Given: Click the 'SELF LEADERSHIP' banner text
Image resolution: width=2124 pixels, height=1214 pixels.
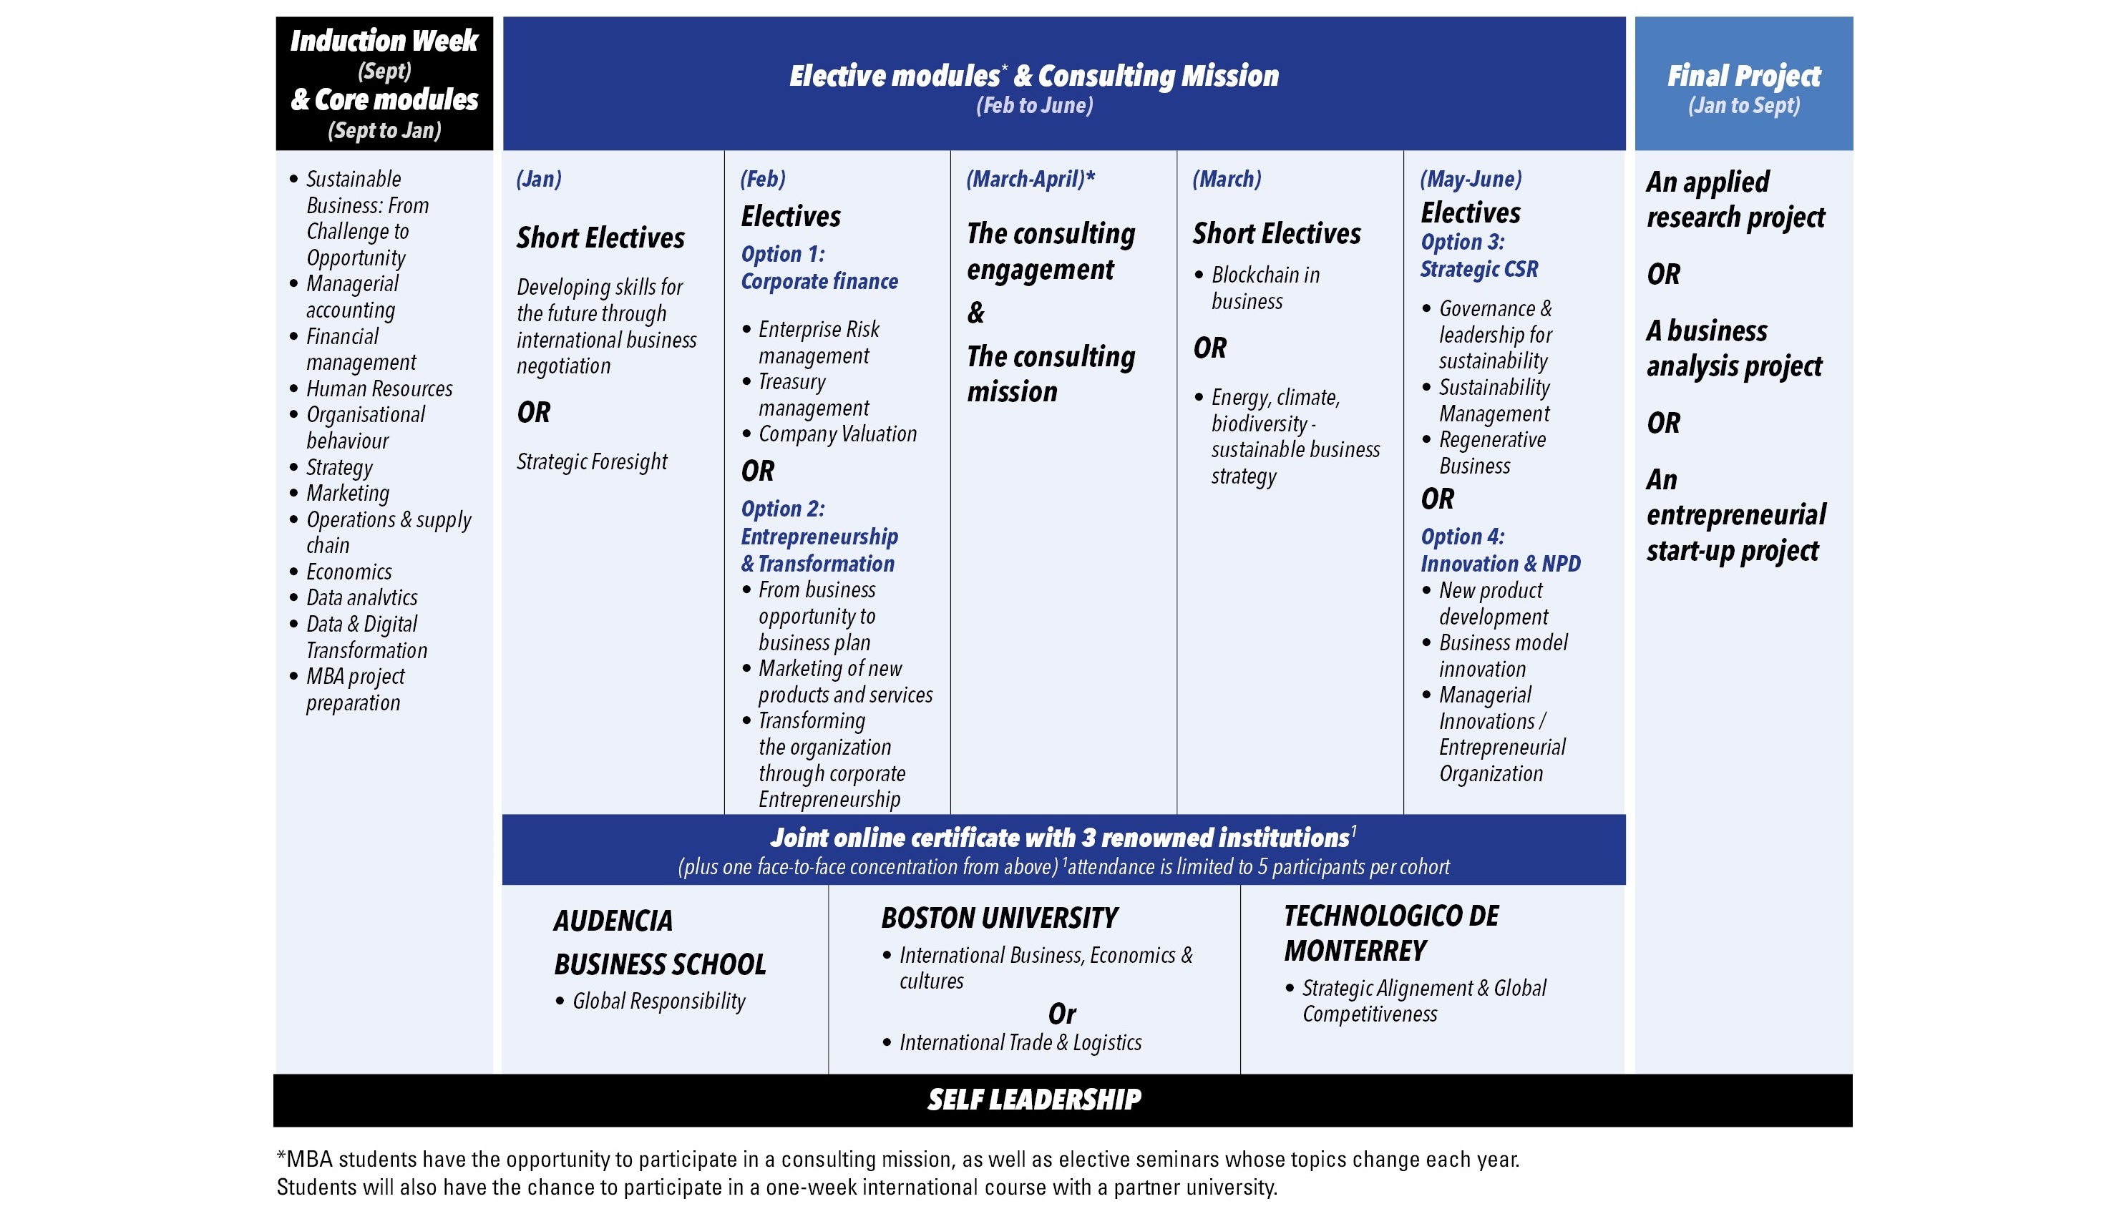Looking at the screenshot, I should tap(1034, 1100).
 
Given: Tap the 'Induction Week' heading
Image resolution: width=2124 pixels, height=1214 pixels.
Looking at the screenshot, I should tap(384, 41).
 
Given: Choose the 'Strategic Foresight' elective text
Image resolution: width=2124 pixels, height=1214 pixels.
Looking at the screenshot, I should tap(591, 461).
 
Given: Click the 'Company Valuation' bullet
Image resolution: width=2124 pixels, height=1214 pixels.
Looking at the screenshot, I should tap(837, 434).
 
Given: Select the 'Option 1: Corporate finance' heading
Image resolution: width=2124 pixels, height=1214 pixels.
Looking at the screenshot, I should tap(819, 268).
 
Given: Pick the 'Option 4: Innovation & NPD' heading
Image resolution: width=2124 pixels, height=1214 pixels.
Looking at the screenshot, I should tap(1499, 550).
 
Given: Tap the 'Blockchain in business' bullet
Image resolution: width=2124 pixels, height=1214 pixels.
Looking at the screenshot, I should tap(1265, 288).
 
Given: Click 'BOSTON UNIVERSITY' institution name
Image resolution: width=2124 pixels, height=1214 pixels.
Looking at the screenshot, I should tap(998, 918).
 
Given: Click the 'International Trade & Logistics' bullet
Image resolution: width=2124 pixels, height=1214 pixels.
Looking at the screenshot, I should tap(1019, 1042).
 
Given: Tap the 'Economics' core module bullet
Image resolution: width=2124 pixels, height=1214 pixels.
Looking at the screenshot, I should tap(349, 572).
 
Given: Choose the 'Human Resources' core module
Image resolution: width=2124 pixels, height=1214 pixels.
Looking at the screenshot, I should tap(379, 388).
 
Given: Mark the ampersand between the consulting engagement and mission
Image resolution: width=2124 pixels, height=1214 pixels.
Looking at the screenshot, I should tap(975, 313).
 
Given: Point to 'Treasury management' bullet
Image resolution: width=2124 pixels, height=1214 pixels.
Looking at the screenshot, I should tap(812, 395).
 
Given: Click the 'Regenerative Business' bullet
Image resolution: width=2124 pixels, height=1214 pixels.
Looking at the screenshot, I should tap(1491, 453).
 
